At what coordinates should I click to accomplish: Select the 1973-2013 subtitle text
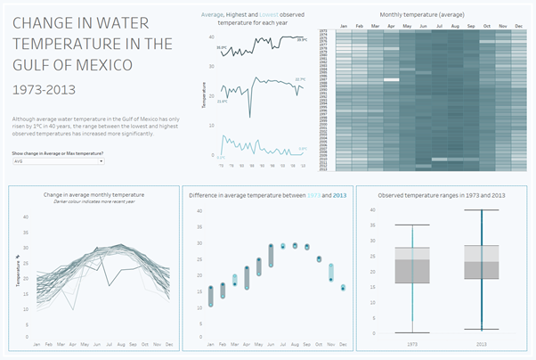(x=38, y=89)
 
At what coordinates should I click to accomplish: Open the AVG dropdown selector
(x=57, y=161)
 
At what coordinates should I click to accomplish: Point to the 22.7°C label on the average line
(x=299, y=79)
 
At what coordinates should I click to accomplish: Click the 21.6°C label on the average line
(x=222, y=101)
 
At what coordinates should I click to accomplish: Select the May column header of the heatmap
(x=405, y=26)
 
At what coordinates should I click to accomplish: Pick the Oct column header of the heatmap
(x=487, y=26)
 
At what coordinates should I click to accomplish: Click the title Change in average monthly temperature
(x=93, y=193)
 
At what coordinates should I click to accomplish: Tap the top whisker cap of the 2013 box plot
(x=482, y=210)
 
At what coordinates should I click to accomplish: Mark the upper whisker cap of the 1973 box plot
(x=412, y=225)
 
